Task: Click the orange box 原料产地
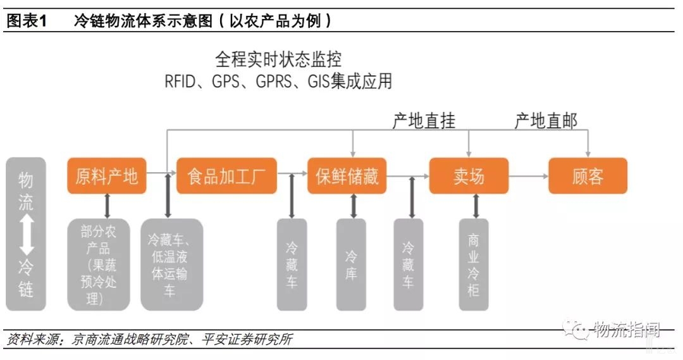107,176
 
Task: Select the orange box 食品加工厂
226,176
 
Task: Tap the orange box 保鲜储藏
347,176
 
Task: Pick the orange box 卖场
469,176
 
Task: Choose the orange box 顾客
588,176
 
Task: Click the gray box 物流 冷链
25,234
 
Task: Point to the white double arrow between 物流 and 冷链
26,234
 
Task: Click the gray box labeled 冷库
351,264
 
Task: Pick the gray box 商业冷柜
474,264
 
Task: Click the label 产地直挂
424,120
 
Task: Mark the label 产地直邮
546,120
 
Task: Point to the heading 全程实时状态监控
278,60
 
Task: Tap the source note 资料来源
33,340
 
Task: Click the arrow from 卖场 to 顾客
528,176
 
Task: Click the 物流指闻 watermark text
626,330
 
